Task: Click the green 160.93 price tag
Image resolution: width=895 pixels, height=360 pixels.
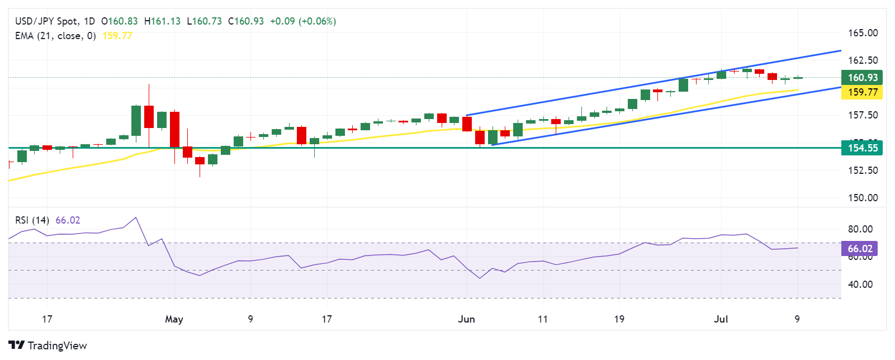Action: pos(862,78)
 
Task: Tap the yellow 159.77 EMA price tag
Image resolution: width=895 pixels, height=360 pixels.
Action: pos(862,92)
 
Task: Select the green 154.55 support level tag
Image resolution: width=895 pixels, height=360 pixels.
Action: pos(862,148)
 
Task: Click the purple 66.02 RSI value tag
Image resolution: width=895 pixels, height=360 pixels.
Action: pos(859,249)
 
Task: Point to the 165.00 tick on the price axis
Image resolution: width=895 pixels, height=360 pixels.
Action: pos(863,33)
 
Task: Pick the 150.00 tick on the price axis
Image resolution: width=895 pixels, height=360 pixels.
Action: pos(863,198)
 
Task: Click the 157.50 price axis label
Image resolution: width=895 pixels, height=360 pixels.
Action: pos(863,115)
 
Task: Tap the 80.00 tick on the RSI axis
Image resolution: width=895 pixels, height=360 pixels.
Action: pos(860,229)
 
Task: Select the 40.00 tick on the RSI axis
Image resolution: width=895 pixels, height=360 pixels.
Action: pos(860,285)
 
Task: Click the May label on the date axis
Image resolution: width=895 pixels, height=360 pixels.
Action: pos(174,319)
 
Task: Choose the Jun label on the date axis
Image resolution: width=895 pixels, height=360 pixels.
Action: pos(466,319)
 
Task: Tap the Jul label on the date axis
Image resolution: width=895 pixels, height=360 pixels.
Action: pos(721,319)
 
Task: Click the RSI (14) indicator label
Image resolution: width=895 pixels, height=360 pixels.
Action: pos(32,220)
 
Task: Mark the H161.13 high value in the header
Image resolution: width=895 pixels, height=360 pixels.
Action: pos(162,21)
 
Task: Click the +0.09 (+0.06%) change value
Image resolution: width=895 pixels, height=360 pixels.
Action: pos(302,21)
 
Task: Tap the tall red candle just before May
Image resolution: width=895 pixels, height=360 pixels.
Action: pos(174,129)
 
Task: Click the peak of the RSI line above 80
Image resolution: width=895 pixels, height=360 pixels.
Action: pos(136,217)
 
